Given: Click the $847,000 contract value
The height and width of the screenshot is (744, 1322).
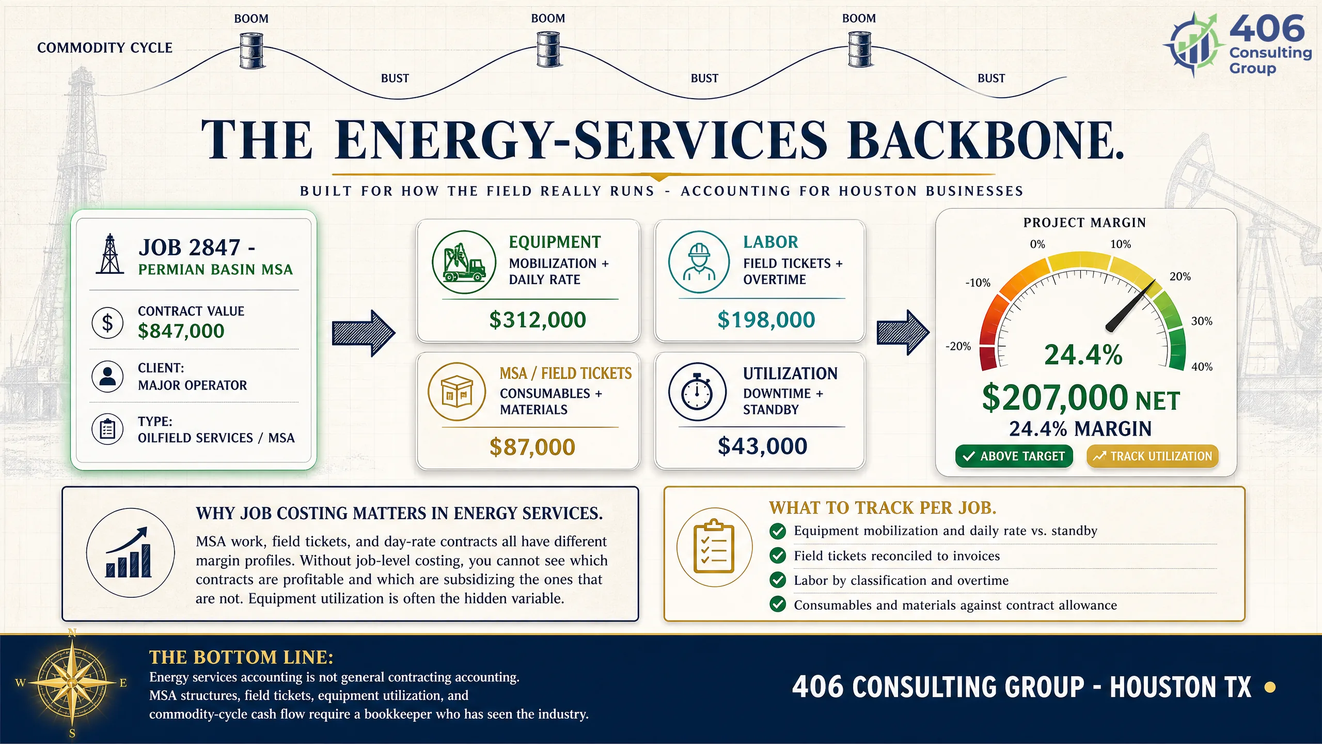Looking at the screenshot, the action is point(181,331).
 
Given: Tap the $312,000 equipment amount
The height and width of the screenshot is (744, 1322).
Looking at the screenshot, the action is point(538,320).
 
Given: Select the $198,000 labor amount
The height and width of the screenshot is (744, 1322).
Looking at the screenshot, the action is point(766,320).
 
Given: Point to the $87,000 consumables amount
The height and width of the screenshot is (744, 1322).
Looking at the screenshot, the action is point(532,447).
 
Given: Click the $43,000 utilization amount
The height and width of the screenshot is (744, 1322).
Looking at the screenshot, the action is point(762,446).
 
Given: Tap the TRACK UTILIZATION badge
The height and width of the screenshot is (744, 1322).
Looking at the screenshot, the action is point(1153,456).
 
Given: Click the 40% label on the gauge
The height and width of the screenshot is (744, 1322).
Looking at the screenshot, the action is point(1202,367).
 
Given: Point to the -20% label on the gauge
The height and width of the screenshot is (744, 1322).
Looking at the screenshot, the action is point(958,346).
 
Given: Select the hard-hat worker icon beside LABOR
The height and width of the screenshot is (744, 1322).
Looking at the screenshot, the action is point(699,262).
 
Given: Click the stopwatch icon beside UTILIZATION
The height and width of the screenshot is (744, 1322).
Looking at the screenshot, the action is point(697,392).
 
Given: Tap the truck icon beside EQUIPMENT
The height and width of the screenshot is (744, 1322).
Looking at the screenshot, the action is point(464,262).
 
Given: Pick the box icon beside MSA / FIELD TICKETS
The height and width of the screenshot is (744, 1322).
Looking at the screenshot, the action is point(457,392).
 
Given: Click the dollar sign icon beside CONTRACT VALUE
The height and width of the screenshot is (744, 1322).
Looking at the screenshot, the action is point(107,322).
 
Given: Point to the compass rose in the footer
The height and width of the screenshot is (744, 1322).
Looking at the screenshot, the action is point(72,683).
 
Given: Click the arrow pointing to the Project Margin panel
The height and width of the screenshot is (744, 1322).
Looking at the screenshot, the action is point(903,333).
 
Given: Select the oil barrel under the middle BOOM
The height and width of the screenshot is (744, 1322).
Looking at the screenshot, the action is point(548,49).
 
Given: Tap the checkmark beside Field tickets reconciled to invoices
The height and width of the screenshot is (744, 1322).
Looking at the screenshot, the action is point(778,555).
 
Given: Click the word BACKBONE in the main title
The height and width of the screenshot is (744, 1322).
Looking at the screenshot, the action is point(985,140).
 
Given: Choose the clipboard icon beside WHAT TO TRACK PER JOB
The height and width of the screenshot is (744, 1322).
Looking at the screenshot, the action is point(714,547).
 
